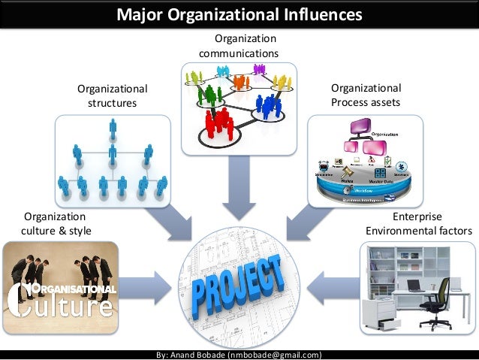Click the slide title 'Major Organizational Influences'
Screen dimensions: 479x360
click(x=239, y=14)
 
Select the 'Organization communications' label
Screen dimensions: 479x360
click(x=239, y=46)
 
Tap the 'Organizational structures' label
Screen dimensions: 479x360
click(x=112, y=95)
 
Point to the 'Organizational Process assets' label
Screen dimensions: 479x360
click(x=366, y=95)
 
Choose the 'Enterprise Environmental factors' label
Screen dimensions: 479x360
click(x=418, y=223)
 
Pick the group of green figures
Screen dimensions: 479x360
click(x=209, y=95)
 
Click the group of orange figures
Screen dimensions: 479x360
click(x=239, y=80)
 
